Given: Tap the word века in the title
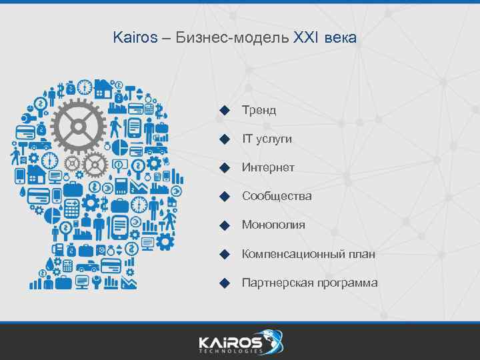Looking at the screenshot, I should (x=341, y=38).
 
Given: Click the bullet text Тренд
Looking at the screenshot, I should (x=259, y=110).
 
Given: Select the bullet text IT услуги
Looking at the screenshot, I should (x=267, y=139).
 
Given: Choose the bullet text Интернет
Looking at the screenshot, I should (x=268, y=167).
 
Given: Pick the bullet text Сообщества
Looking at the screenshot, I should (x=277, y=196).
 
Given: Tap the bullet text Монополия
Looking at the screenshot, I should (x=273, y=225).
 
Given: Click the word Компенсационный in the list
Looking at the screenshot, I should (x=291, y=254).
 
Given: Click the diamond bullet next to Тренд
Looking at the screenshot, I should (x=225, y=110).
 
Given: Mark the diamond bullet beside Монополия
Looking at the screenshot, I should (x=225, y=225).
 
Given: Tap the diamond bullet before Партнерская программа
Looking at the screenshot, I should (x=225, y=283).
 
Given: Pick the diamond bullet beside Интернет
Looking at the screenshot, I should (x=225, y=167).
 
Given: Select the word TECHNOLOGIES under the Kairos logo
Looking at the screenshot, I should (x=231, y=351).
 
